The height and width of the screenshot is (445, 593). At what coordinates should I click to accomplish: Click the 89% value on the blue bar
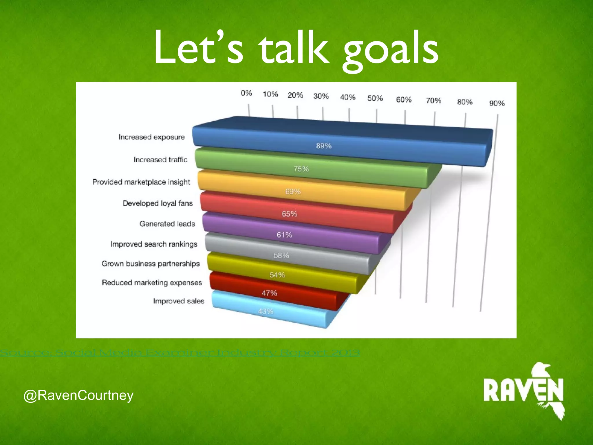324,146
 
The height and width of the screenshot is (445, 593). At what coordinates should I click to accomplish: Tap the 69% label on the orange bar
293,192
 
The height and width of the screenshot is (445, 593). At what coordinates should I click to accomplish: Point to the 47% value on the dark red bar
270,293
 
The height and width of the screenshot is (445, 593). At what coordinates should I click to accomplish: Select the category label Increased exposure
152,137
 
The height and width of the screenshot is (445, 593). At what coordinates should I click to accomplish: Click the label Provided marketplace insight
141,182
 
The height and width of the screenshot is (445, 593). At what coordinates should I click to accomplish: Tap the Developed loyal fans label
158,203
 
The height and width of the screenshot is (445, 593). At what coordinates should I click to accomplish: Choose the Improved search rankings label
154,244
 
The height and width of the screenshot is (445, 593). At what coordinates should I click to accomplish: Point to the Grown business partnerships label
151,264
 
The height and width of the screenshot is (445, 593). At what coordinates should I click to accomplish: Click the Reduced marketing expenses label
152,282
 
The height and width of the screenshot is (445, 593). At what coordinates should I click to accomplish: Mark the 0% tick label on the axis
246,93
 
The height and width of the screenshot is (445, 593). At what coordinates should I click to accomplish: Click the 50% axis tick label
375,98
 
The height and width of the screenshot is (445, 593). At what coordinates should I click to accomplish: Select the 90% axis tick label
497,103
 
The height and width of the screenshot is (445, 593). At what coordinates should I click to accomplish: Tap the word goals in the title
390,49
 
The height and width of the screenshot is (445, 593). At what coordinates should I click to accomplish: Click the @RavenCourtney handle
78,395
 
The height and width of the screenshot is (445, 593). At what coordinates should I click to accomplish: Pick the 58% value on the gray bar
281,255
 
